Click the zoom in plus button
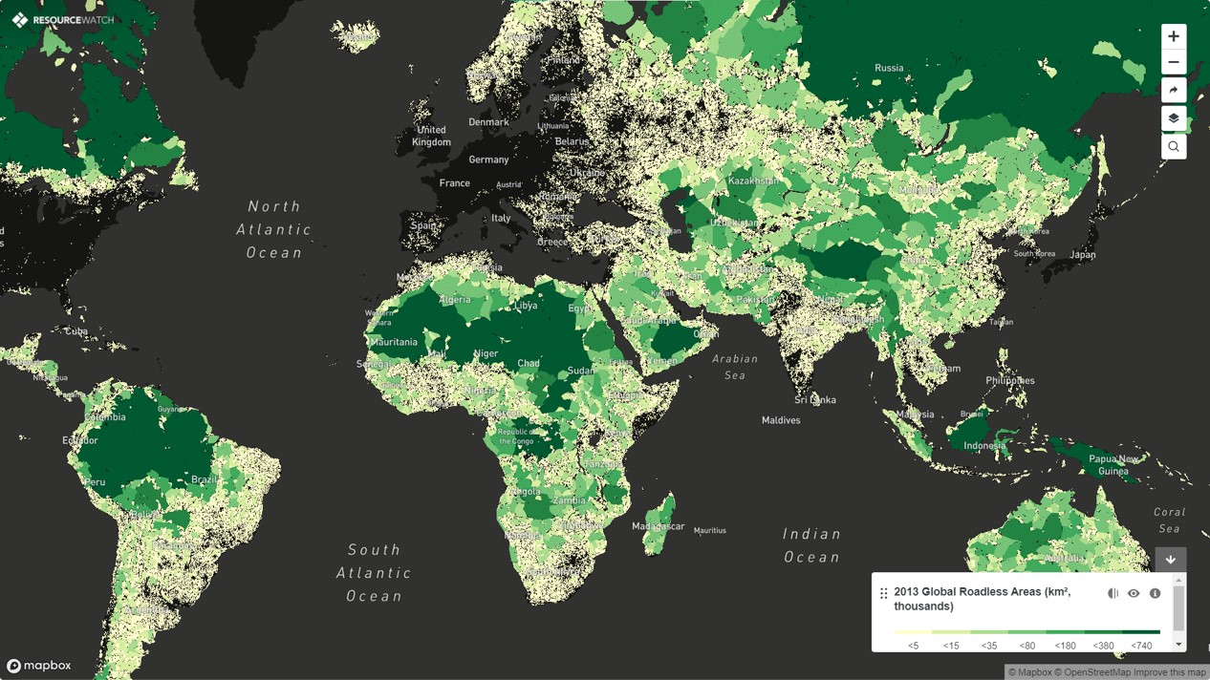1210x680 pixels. click(1174, 36)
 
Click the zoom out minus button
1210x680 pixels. click(1174, 63)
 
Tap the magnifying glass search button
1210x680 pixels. click(1174, 146)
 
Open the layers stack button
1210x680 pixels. click(1174, 118)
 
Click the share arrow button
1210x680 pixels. click(1174, 91)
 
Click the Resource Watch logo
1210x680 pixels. click(63, 20)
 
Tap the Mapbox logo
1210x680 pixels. click(39, 666)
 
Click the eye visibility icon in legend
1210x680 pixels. click(1134, 593)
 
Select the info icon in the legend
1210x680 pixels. click(1155, 593)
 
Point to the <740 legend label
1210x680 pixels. click(1141, 646)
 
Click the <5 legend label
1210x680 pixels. click(913, 646)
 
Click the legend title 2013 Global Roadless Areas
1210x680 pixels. click(982, 599)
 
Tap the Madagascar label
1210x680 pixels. click(658, 526)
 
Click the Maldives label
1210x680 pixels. click(781, 420)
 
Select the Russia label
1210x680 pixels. click(889, 68)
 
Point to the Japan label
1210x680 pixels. click(1083, 255)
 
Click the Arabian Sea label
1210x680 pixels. click(734, 367)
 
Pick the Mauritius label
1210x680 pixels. click(710, 530)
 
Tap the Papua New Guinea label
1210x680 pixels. click(1113, 465)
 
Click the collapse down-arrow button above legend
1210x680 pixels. click(1171, 560)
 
